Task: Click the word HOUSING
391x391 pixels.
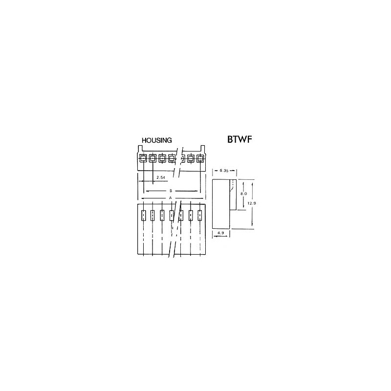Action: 156,140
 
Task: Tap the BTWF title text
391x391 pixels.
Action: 239,139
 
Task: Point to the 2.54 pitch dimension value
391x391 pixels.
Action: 161,177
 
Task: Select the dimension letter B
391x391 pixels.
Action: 171,191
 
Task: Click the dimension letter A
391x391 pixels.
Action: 171,198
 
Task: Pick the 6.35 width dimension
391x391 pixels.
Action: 224,171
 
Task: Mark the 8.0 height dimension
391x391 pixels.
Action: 243,194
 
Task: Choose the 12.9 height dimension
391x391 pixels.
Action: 252,203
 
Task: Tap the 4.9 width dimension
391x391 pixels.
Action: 221,233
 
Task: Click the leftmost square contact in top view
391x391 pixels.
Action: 143,158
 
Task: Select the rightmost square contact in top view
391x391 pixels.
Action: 200,158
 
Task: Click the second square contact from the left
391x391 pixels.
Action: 152,158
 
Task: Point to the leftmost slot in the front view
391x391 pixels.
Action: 143,216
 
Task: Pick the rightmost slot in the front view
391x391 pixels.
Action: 200,216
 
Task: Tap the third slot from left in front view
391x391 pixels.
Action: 162,216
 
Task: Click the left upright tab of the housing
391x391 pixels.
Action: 139,149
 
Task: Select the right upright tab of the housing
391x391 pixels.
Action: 203,149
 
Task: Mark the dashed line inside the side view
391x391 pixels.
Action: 233,187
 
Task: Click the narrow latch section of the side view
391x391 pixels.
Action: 233,195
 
